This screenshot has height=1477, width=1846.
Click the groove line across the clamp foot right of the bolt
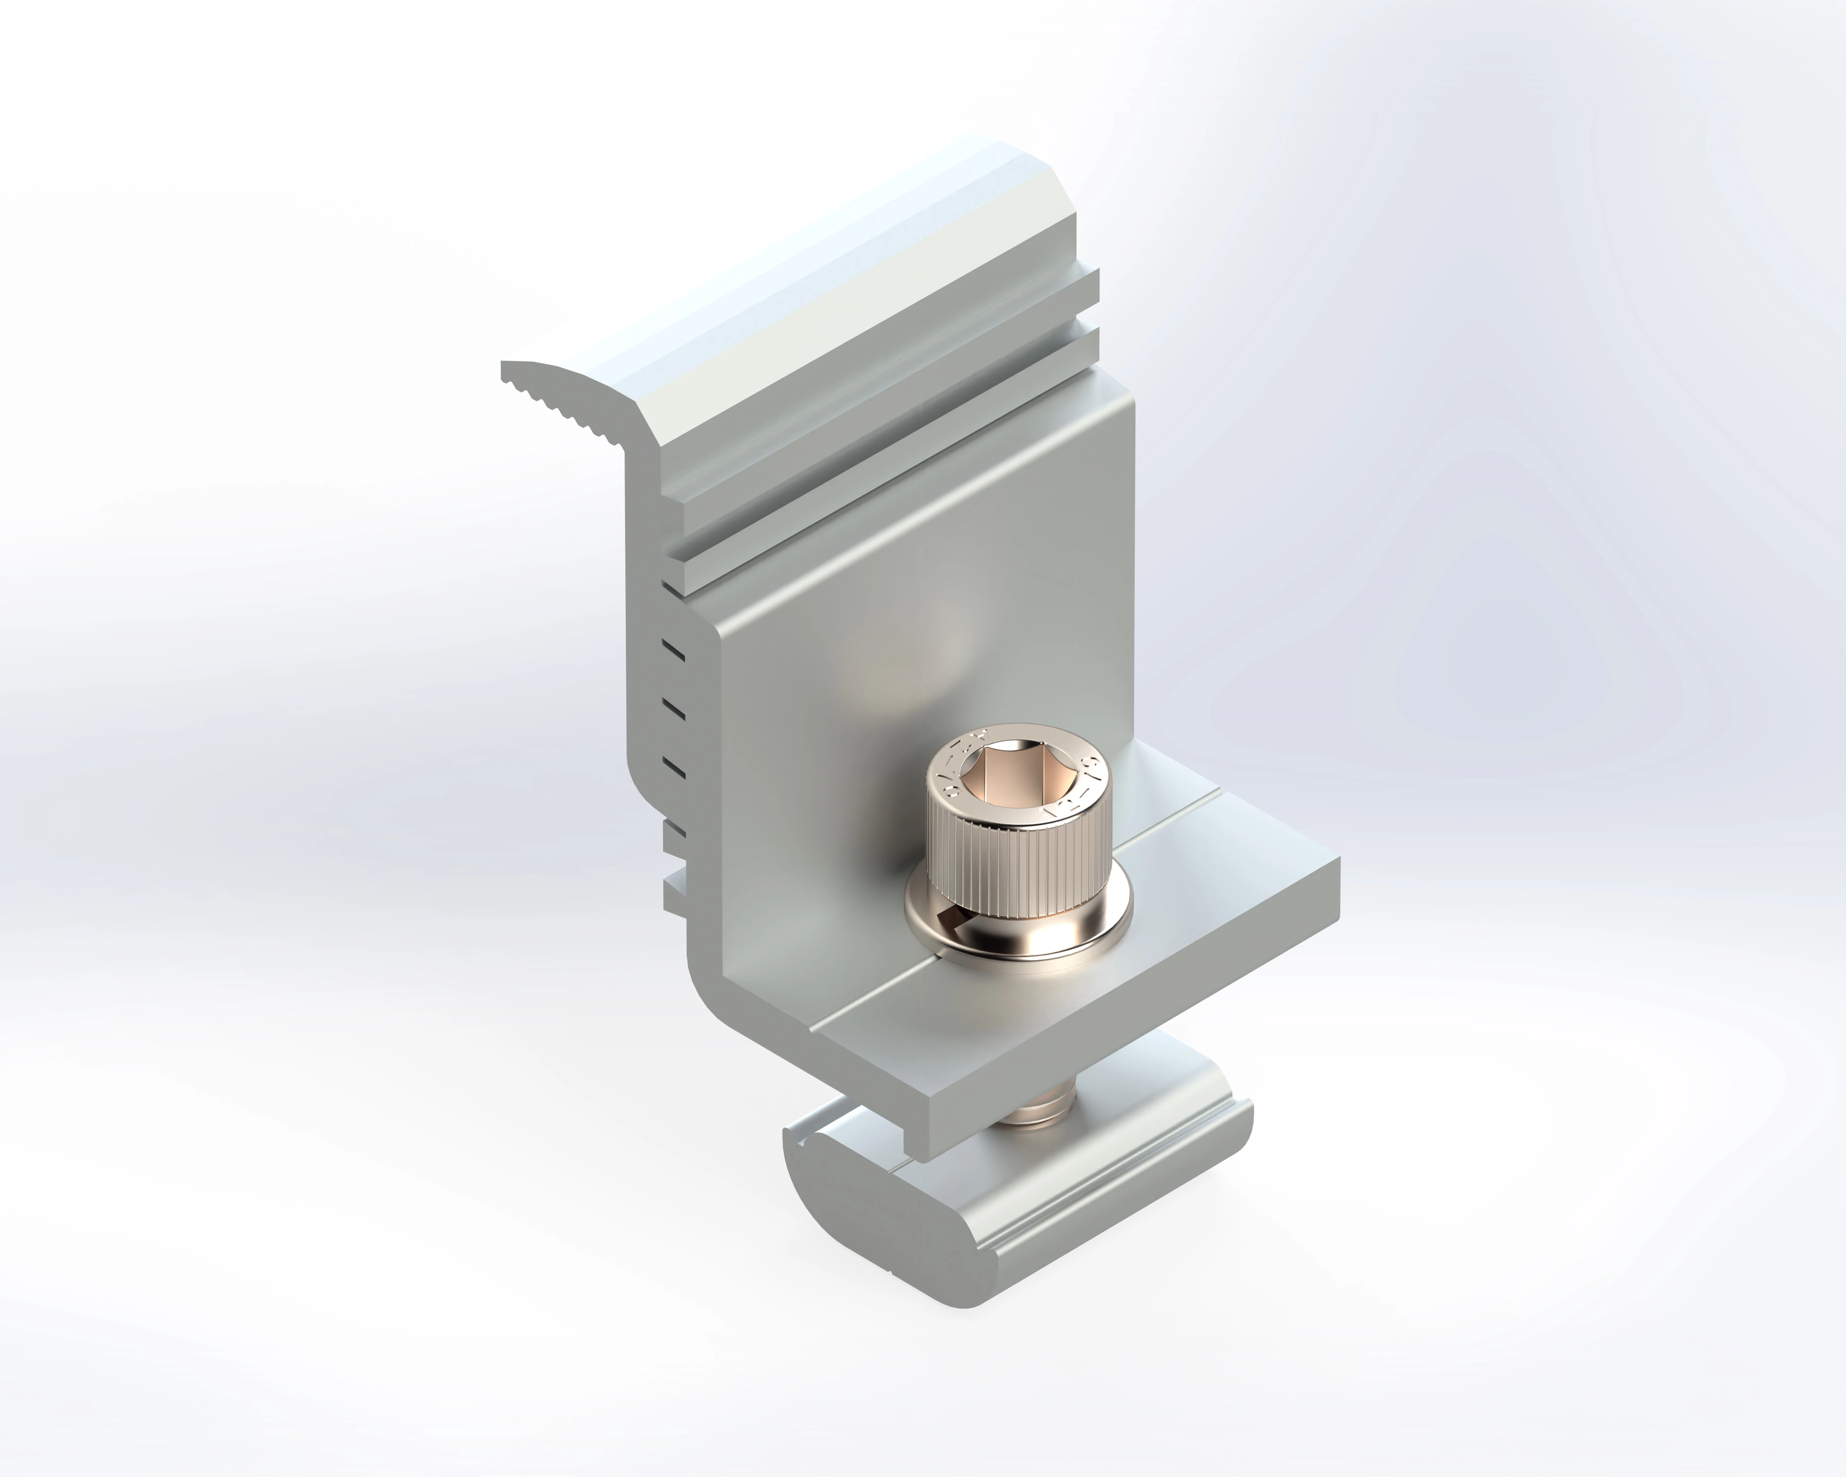[x=1173, y=835]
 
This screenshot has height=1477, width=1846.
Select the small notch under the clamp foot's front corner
[x=912, y=1143]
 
